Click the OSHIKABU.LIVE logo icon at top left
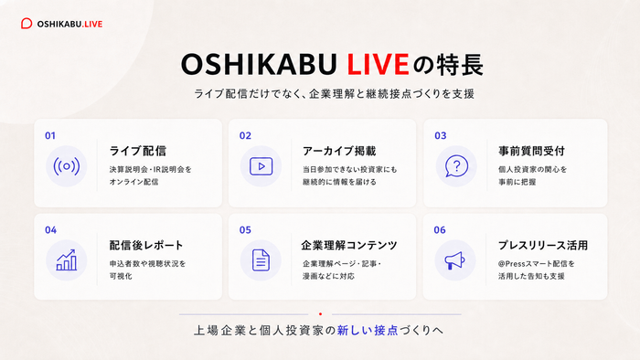tap(27, 24)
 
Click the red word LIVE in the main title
tap(378, 65)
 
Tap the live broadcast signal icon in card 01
tap(66, 166)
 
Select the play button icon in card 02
tap(261, 166)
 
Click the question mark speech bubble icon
tap(456, 166)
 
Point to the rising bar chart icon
tap(66, 260)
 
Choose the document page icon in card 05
tap(261, 260)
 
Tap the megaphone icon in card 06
tap(454, 260)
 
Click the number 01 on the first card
tap(50, 136)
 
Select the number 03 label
tap(441, 136)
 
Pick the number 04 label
tap(50, 230)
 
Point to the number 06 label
tap(440, 230)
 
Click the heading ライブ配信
tap(138, 151)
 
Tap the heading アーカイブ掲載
tap(339, 152)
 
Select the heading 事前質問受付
tap(531, 152)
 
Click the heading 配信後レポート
tap(146, 245)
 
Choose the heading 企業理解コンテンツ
tap(349, 245)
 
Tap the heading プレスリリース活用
tap(543, 245)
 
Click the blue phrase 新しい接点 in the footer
tap(368, 330)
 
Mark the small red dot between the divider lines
tap(320, 314)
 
